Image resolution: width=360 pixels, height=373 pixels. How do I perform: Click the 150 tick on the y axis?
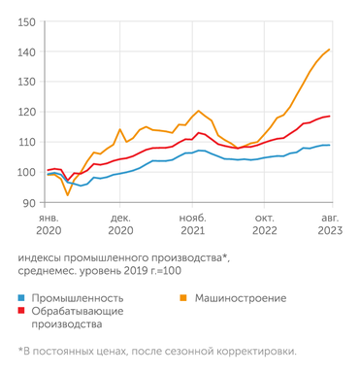pyautogui.click(x=26, y=21)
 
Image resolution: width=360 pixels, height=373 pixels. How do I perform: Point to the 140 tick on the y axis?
pyautogui.click(x=26, y=51)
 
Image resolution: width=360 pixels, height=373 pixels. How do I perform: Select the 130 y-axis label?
pyautogui.click(x=26, y=82)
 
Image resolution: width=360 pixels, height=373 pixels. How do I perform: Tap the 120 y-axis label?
pyautogui.click(x=26, y=112)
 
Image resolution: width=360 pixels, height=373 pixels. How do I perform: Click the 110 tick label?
pyautogui.click(x=26, y=142)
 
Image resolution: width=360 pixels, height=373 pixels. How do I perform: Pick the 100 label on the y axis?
pyautogui.click(x=26, y=172)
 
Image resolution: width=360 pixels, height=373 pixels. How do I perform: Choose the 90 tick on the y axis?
pyautogui.click(x=29, y=202)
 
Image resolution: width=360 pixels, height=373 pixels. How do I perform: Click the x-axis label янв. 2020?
pyautogui.click(x=49, y=225)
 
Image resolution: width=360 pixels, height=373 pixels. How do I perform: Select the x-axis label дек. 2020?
pyautogui.click(x=120, y=225)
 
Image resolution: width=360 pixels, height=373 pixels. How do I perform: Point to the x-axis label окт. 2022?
pyautogui.click(x=266, y=225)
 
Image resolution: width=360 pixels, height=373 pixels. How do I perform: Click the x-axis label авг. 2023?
pyautogui.click(x=330, y=225)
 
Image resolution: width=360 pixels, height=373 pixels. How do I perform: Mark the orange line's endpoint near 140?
pyautogui.click(x=330, y=50)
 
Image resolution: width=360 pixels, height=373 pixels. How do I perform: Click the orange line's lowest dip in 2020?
pyautogui.click(x=67, y=195)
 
